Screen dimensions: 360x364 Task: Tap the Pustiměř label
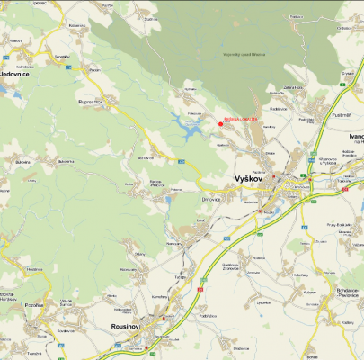[x=340, y=114]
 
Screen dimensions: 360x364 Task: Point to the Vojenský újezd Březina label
[x=244, y=55]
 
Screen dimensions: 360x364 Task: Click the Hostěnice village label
[x=34, y=268]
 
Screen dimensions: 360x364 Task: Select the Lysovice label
[x=263, y=302]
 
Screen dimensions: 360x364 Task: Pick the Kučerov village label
[x=310, y=292]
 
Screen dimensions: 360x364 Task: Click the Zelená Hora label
[x=290, y=88]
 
